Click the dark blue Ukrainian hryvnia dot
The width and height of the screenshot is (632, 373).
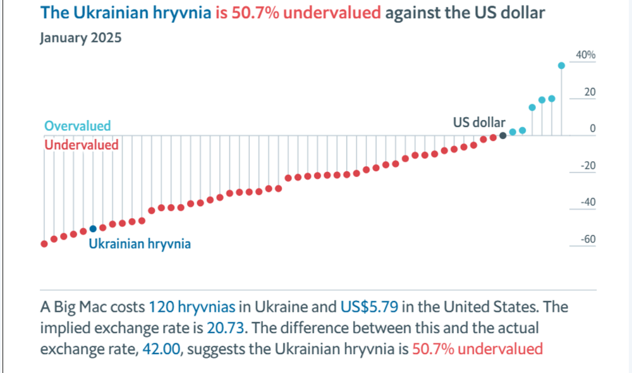[x=93, y=229]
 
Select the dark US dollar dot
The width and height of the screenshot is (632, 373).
[x=502, y=135]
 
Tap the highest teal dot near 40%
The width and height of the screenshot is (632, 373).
[x=561, y=66]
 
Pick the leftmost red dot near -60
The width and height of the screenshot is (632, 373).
[x=44, y=244]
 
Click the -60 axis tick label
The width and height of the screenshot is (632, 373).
[x=587, y=240]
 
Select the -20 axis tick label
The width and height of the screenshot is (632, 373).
[x=587, y=166]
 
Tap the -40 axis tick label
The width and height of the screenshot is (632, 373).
[x=587, y=203]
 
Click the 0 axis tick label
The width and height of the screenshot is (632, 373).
[x=592, y=129]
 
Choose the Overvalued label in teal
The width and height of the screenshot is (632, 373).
[x=77, y=126]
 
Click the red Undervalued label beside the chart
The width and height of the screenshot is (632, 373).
[x=82, y=145]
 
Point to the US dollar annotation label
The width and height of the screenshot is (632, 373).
[x=479, y=122]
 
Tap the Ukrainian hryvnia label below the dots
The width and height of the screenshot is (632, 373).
[x=140, y=243]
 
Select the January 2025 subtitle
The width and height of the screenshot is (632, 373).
[x=80, y=38]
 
